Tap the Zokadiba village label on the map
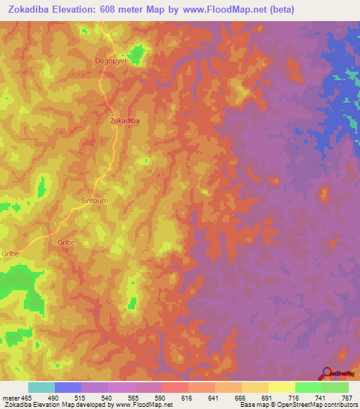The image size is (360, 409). coord(125,121)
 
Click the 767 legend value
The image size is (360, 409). coord(347,398)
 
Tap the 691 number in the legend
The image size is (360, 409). coord(267,398)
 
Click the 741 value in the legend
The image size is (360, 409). coord(321,398)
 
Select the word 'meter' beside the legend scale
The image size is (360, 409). coord(11,398)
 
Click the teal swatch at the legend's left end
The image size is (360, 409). coord(41,387)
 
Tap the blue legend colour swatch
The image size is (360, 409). coord(68,387)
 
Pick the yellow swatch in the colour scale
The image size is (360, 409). coord(281,387)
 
